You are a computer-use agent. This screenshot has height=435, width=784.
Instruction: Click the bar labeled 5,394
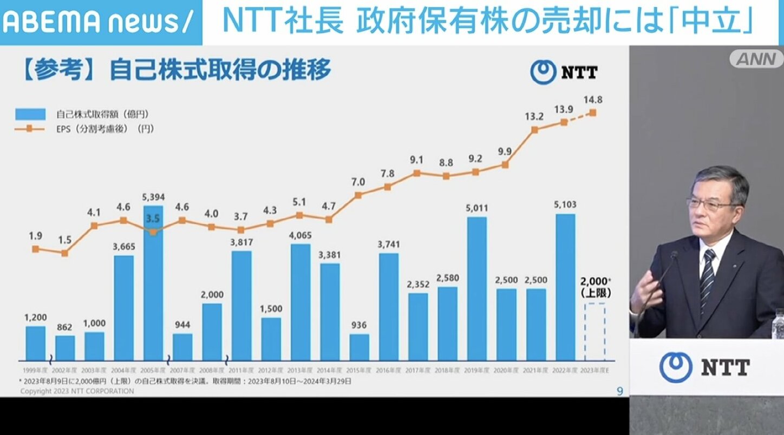click(153, 282)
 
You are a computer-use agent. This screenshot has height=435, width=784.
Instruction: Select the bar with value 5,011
click(477, 288)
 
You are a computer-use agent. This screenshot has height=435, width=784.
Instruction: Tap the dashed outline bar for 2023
click(595, 332)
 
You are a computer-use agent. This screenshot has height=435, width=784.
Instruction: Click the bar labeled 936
click(359, 347)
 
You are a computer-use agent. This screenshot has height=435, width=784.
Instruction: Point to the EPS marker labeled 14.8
click(593, 113)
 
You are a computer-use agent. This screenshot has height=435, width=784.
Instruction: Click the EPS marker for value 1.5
click(64, 253)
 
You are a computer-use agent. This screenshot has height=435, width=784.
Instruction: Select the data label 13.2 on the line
click(534, 116)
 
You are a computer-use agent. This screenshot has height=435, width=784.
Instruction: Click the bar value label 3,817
click(241, 241)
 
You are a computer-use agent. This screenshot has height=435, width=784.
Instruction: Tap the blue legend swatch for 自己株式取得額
click(30, 114)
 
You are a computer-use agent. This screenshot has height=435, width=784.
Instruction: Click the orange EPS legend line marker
click(30, 129)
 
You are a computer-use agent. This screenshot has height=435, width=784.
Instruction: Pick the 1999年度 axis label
click(35, 371)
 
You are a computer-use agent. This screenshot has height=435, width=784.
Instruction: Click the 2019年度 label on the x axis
click(477, 371)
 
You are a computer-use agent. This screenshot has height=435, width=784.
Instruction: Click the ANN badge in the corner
click(756, 58)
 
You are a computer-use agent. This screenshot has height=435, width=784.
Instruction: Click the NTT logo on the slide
click(564, 72)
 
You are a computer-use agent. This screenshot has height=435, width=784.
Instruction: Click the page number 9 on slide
click(620, 391)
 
